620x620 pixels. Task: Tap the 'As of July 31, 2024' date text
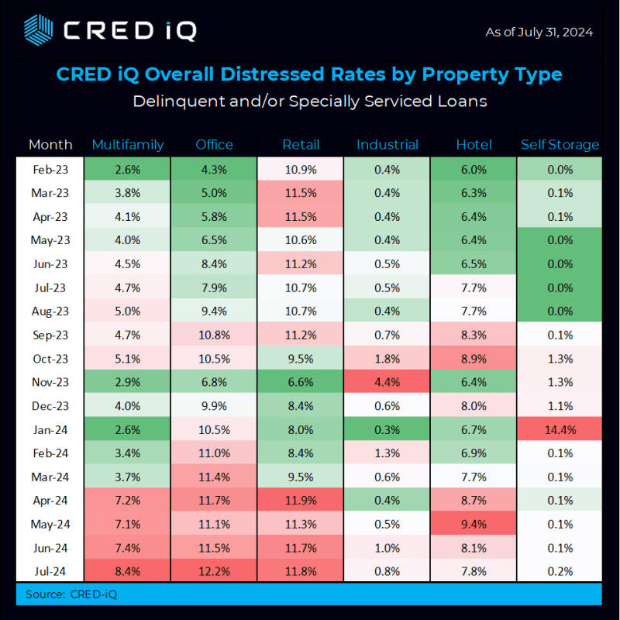[539, 32]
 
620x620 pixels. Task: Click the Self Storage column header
[560, 144]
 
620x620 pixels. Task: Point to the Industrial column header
[387, 144]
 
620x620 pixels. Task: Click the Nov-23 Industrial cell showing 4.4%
[387, 382]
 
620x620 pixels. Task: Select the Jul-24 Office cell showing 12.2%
[215, 572]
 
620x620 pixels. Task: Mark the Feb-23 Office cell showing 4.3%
[215, 170]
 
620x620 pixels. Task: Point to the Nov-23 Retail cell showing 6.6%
[301, 382]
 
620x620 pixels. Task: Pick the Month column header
[50, 144]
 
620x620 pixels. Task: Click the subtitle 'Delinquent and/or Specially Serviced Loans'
[309, 102]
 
